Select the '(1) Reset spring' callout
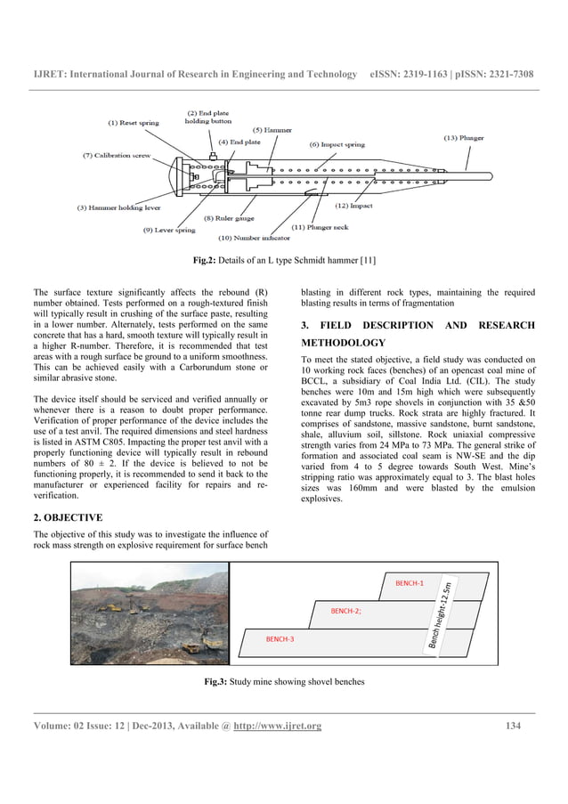tap(134, 123)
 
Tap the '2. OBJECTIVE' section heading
tap(68, 517)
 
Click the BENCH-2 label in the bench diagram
tap(345, 612)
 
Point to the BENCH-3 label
tap(280, 639)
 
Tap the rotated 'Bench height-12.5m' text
tap(444, 613)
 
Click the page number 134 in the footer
tap(513, 727)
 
